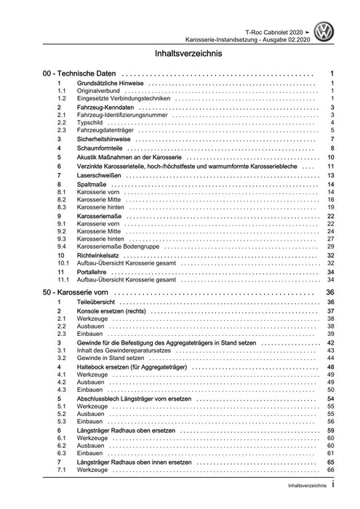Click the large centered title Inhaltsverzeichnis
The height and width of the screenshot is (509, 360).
(180, 54)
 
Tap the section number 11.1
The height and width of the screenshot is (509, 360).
(63, 278)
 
